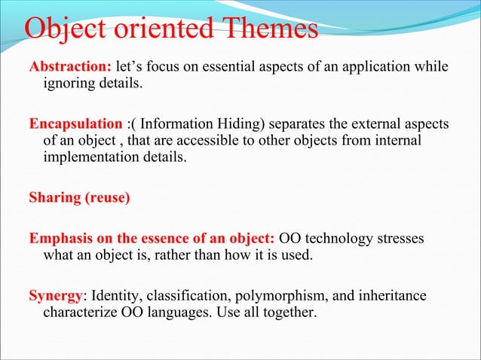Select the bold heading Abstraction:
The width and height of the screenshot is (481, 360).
(70, 66)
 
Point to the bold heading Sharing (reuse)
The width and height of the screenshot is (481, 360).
(79, 199)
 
